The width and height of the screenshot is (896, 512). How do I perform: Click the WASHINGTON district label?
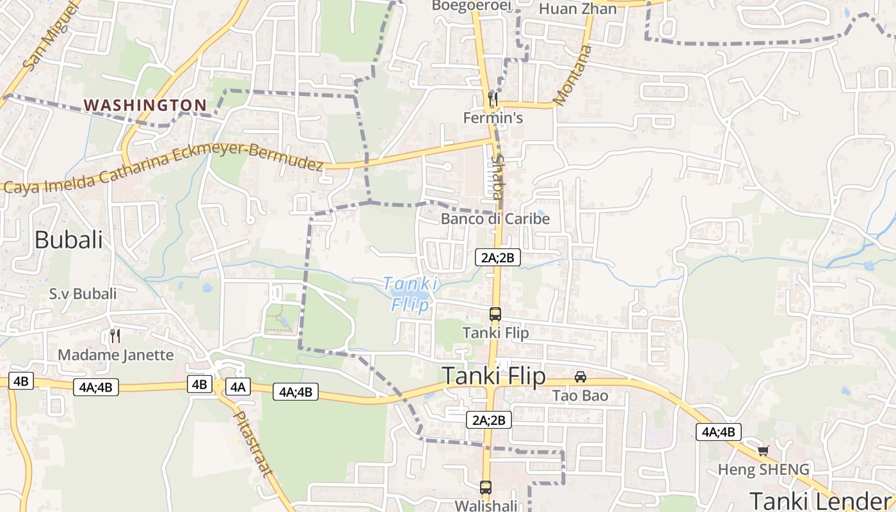pos(145,105)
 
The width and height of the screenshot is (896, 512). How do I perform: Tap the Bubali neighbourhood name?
pos(68,240)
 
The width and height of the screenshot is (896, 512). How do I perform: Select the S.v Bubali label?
pos(83,294)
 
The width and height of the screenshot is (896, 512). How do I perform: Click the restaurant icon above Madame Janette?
pos(115,335)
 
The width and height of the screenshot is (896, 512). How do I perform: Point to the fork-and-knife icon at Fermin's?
pos(493,99)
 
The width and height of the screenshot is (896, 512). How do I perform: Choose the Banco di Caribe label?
pos(495,219)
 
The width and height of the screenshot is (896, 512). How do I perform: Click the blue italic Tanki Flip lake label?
pos(410,294)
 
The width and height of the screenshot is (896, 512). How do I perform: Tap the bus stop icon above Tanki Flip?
pos(495,314)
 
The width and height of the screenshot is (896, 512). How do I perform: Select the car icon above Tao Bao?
pos(580,376)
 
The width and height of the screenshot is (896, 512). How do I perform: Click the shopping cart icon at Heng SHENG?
pos(763,451)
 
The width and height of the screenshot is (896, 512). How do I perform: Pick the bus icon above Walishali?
pos(486,487)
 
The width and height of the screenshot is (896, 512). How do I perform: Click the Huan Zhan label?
pos(578,9)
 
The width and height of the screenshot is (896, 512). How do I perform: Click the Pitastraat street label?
pos(252,444)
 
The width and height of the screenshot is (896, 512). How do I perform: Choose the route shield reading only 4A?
pos(238,387)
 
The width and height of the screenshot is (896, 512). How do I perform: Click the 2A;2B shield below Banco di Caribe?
pos(497,257)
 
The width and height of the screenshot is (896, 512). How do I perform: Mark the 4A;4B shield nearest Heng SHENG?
pos(719,431)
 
